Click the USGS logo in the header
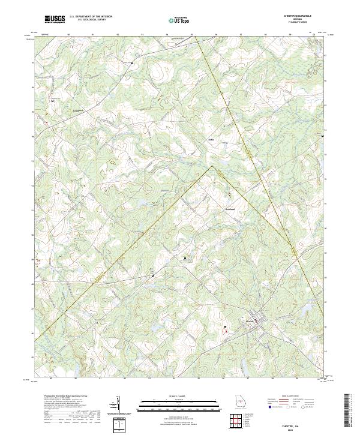tap(55, 19)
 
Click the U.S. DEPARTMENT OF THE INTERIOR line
tap(91, 17)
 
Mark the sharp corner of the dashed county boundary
tap(211, 167)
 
